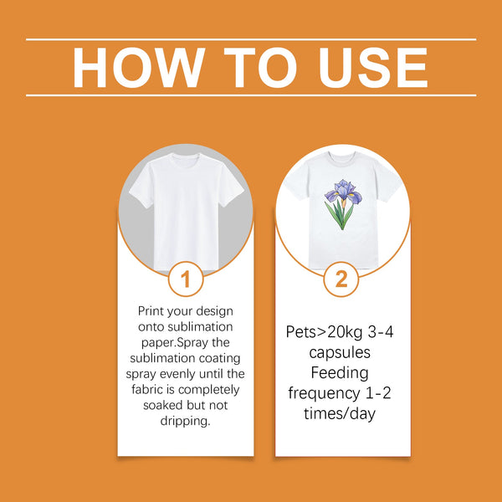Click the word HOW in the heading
tap(139, 67)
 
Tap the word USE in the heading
tap(372, 67)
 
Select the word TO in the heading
tap(260, 67)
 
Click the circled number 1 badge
tap(186, 279)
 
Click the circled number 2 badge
tap(341, 279)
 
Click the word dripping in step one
tap(186, 421)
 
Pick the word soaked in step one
tap(163, 405)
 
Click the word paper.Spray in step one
tap(175, 343)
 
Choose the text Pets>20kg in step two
tap(324, 332)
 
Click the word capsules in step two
tap(340, 353)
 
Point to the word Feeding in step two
tap(340, 373)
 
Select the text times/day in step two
tap(340, 413)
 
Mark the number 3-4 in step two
tap(381, 332)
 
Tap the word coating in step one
tap(219, 358)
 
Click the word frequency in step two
tap(323, 393)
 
